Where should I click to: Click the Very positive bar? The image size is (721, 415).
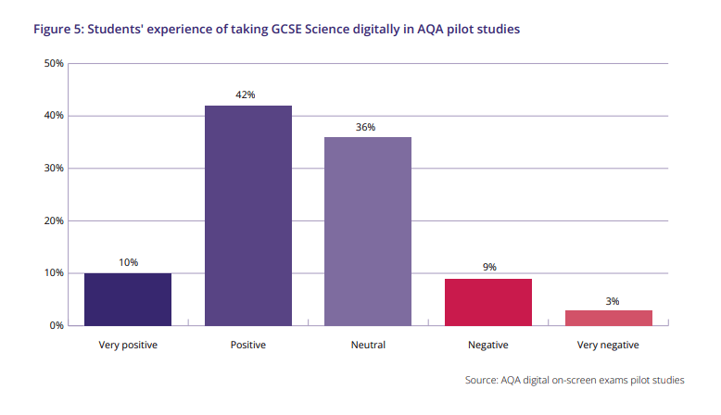click(128, 299)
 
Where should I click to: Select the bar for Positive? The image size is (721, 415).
click(247, 215)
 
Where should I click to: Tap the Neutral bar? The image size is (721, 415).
click(368, 231)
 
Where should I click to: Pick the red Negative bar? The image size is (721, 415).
click(488, 302)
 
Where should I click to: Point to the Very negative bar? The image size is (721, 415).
click(609, 318)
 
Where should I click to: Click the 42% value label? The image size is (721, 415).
click(246, 95)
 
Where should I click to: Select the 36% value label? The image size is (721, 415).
click(366, 127)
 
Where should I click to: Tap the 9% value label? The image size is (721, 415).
click(488, 268)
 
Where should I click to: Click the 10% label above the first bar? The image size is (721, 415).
click(128, 263)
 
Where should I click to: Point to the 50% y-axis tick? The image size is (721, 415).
click(54, 64)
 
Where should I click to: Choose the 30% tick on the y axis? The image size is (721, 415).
click(54, 169)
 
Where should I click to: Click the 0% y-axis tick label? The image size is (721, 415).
click(57, 326)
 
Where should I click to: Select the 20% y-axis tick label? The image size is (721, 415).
click(54, 221)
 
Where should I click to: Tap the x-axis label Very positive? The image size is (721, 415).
click(128, 346)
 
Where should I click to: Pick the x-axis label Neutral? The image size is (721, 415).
click(368, 346)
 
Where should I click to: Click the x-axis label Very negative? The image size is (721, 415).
click(609, 346)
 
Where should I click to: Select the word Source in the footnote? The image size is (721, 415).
click(484, 381)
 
